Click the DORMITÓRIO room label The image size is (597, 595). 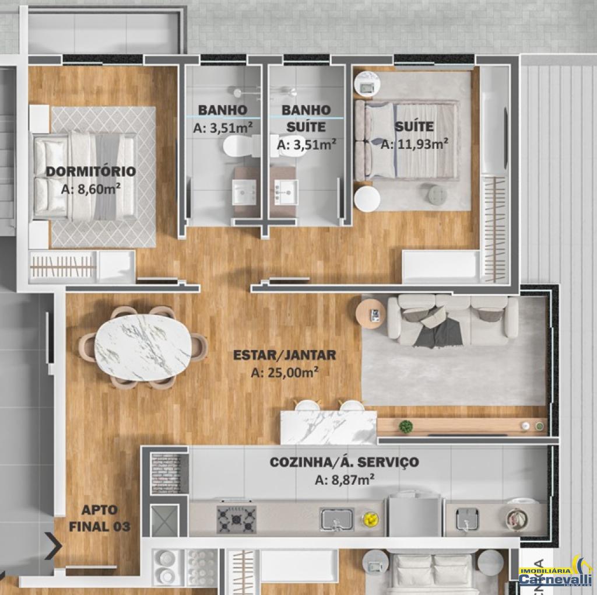90,171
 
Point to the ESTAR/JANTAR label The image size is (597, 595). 285,355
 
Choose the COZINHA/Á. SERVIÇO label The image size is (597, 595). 345,462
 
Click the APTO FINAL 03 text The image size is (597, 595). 100,518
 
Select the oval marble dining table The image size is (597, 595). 143,347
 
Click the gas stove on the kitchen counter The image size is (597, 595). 237,519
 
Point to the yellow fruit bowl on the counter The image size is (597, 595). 370,519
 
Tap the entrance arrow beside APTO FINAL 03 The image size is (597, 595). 53,546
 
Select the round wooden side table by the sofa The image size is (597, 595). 368,313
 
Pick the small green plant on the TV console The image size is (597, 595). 406,426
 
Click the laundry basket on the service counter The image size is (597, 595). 517,518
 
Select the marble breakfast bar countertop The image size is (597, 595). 328,427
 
